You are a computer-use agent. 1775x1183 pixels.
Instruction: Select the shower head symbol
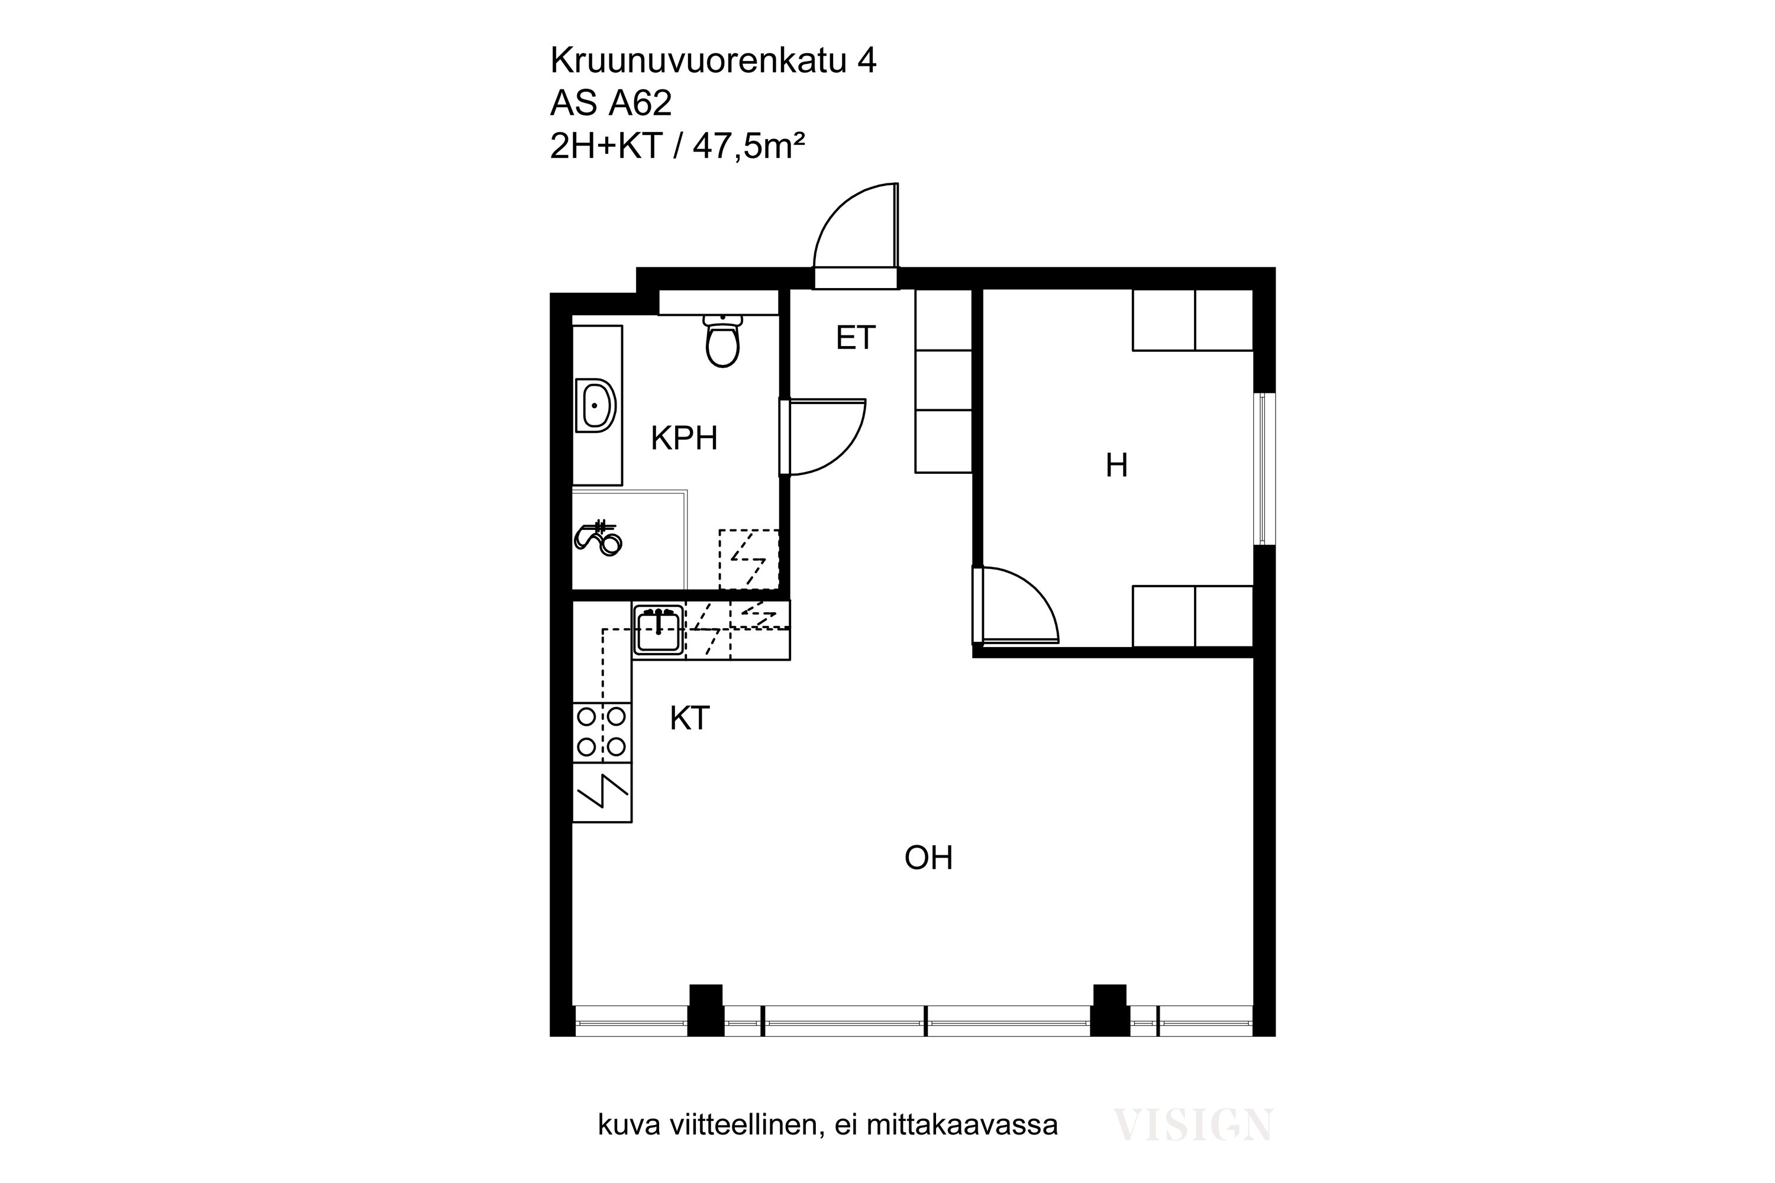(x=598, y=537)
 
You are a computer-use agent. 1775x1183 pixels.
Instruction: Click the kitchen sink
(x=658, y=630)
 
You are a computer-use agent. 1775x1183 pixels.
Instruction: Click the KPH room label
(x=684, y=438)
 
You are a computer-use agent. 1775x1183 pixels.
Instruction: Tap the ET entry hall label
(x=855, y=338)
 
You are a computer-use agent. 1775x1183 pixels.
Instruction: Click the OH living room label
(x=928, y=858)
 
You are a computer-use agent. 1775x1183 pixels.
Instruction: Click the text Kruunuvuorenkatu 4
(x=713, y=60)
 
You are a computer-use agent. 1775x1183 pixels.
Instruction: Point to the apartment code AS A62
(x=611, y=104)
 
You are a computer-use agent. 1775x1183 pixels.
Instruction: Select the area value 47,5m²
(x=748, y=146)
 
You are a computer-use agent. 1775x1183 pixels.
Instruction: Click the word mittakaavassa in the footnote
(x=961, y=1145)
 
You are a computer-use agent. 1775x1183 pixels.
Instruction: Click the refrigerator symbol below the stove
(x=602, y=792)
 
